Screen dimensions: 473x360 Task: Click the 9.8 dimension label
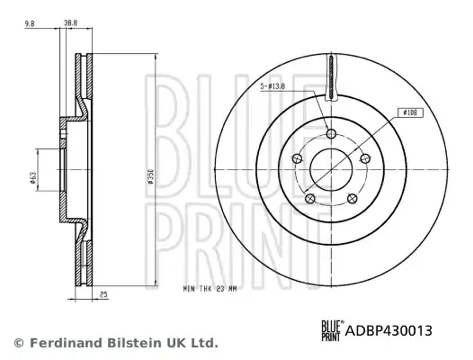[30, 23]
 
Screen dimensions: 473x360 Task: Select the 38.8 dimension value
[71, 23]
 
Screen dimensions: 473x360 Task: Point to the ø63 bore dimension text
[33, 178]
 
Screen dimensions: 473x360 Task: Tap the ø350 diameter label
[150, 177]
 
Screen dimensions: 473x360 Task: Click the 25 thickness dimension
[103, 294]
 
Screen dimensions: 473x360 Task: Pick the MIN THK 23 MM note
[210, 289]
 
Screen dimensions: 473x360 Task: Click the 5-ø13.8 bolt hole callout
[272, 86]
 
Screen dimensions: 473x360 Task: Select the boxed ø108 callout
[410, 113]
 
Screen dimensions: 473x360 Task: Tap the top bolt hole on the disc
[332, 133]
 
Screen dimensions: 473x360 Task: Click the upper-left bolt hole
[298, 158]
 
